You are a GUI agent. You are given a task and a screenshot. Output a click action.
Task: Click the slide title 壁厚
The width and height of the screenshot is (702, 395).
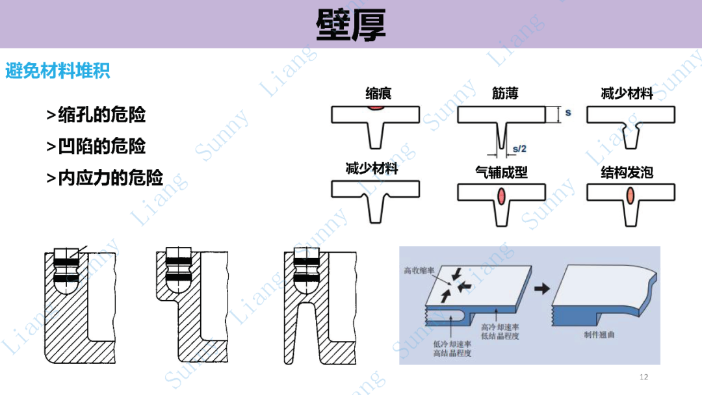click(351, 25)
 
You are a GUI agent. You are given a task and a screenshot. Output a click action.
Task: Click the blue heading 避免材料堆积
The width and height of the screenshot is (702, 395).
click(58, 71)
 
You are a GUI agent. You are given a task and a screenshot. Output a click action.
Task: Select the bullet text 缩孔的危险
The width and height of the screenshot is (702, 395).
click(96, 115)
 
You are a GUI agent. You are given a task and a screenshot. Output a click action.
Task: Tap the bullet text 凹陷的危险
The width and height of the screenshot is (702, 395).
click(96, 146)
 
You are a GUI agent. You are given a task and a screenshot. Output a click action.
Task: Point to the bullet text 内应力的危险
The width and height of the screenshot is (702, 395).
click(105, 177)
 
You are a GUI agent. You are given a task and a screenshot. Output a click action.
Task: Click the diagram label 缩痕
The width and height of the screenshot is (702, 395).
click(378, 94)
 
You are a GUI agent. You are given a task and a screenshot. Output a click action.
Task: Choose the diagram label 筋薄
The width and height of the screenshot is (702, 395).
click(505, 94)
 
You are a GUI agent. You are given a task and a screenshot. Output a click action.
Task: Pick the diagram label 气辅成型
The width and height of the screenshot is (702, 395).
click(501, 172)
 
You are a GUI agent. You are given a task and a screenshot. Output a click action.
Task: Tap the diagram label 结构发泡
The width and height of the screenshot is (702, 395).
click(627, 172)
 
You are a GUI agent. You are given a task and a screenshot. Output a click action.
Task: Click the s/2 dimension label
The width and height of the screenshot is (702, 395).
click(519, 149)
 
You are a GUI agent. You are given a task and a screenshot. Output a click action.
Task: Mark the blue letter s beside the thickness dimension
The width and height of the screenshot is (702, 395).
click(567, 112)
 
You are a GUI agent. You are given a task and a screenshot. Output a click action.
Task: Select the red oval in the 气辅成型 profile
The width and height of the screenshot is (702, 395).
click(501, 196)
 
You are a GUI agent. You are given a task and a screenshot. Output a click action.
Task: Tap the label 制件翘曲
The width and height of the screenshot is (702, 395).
click(599, 335)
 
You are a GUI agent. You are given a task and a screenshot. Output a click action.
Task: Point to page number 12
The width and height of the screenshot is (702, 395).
click(644, 377)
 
